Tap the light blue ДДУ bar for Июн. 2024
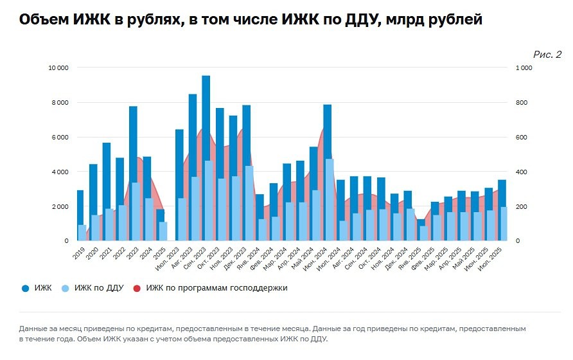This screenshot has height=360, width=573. [x=330, y=199]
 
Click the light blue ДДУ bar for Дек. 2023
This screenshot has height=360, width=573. [x=249, y=203]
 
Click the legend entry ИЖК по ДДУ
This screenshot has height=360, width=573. [x=100, y=288]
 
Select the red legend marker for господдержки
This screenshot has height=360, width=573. [x=137, y=289]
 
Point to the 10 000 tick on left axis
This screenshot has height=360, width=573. [x=58, y=67]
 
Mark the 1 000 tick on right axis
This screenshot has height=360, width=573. [x=524, y=67]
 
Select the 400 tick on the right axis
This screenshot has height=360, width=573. [x=522, y=172]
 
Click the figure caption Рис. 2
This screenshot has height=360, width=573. [x=547, y=55]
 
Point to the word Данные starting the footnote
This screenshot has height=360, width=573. [x=35, y=328]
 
